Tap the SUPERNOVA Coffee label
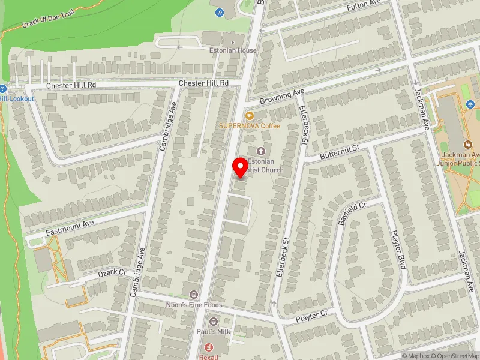coord(249,125)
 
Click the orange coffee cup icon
coord(249,115)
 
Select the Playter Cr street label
coord(311,316)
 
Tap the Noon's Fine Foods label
coord(194,304)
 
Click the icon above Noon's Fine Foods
coord(194,294)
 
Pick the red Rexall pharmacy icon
coord(209,347)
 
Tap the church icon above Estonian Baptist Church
coord(260,151)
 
